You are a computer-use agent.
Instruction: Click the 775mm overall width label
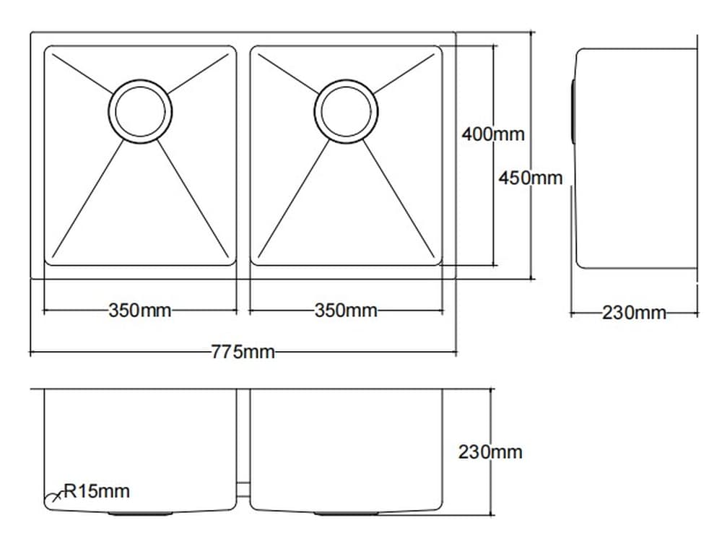pos(243,352)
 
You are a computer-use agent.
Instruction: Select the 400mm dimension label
pos(493,134)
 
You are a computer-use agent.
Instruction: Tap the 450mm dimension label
pos(530,178)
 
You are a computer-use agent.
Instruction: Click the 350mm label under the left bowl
pos(140,311)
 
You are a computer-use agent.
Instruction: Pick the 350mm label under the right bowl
pos(346,311)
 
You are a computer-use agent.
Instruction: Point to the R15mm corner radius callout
pos(97,492)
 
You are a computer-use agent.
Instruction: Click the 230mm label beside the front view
pos(490,452)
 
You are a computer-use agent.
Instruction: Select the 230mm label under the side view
pos(634,313)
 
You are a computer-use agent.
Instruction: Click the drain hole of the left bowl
pos(140,111)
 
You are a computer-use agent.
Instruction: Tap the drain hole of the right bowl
pos(346,111)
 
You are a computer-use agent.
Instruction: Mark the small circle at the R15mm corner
pos(52,499)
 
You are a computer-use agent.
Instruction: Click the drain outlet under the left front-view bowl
pos(140,513)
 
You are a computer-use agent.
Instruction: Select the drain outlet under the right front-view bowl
pos(346,513)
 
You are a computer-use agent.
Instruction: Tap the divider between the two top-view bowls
pos(243,155)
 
